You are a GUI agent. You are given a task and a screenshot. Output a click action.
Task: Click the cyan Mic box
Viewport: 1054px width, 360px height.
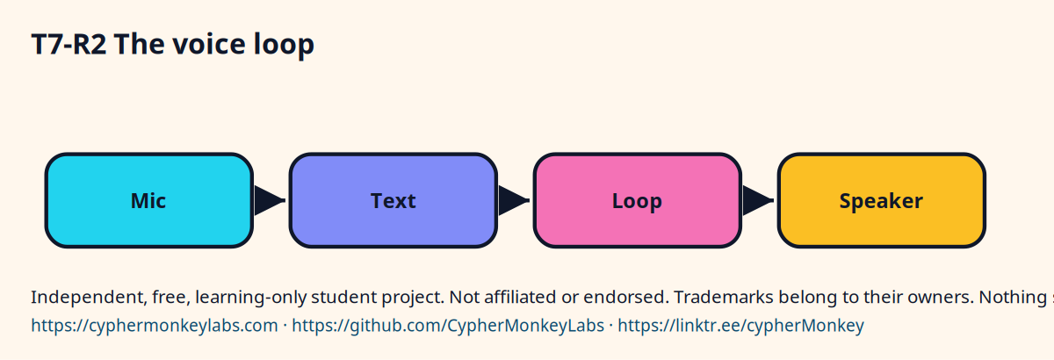coord(149,200)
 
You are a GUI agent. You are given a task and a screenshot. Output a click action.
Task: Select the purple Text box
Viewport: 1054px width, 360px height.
coord(393,200)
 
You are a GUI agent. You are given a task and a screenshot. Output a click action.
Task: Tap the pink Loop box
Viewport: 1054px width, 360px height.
coord(638,200)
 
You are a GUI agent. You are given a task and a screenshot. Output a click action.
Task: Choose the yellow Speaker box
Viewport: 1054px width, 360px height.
coord(882,200)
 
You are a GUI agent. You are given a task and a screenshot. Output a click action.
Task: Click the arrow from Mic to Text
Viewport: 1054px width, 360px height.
coord(270,200)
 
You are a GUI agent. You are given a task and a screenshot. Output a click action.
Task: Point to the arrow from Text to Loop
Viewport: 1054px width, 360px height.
coord(514,200)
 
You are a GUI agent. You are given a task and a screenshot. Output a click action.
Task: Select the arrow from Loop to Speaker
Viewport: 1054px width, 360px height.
coord(758,200)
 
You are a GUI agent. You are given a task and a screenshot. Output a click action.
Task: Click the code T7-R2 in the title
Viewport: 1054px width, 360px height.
coord(69,45)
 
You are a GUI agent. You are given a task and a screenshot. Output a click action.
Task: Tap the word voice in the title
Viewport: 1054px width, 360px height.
coord(208,45)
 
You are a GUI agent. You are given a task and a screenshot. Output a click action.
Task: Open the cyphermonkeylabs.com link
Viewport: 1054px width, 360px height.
coord(155,326)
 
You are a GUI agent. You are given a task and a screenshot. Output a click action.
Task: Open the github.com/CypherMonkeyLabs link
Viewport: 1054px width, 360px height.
coord(448,326)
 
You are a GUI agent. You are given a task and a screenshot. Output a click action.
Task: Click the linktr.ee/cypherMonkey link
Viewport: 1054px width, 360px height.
coord(741,326)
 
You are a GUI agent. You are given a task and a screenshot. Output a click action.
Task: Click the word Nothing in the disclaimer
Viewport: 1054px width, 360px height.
coord(1013,298)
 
